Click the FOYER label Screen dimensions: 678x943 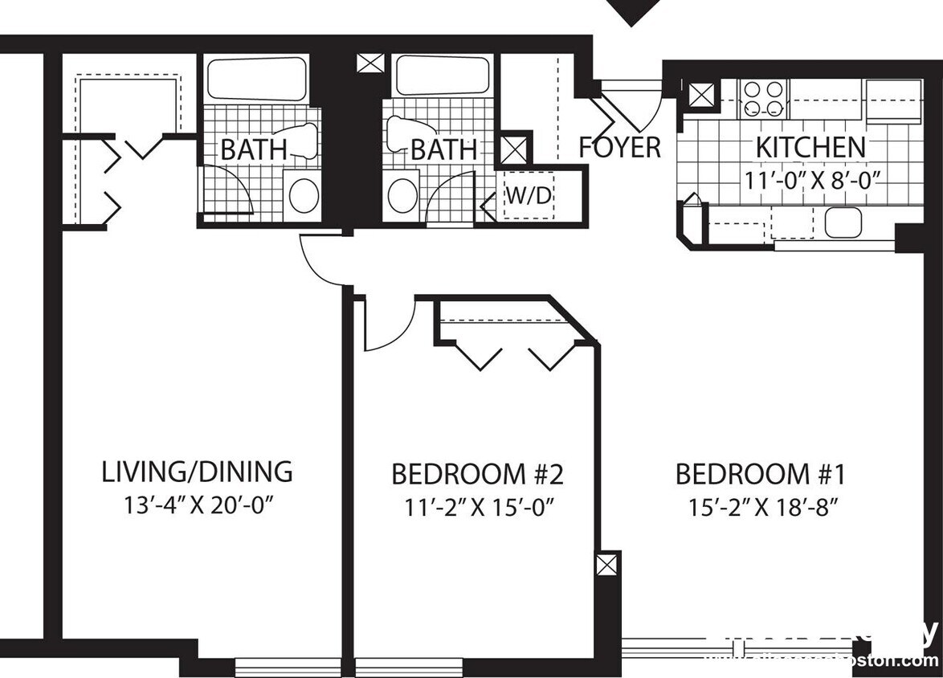620,148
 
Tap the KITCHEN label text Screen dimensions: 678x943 810,148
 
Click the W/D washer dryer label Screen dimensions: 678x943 529,194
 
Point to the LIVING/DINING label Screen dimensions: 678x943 197,472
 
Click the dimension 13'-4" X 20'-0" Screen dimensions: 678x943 197,506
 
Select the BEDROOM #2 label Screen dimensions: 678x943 477,474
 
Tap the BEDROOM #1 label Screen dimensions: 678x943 760,474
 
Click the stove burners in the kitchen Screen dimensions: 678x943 762,100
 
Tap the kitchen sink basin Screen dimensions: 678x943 843,223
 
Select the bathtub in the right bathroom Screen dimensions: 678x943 443,76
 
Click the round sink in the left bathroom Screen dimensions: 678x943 304,196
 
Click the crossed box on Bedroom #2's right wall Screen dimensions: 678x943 608,564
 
